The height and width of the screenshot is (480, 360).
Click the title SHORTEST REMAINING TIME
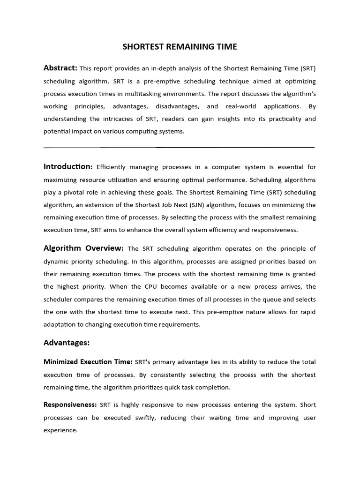[180, 46]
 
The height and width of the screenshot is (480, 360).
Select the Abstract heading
[60, 68]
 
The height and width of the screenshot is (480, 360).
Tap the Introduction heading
[68, 166]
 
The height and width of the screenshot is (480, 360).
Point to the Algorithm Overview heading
[83, 248]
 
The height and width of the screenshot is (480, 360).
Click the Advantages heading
[67, 343]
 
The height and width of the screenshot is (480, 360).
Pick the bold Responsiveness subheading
[70, 405]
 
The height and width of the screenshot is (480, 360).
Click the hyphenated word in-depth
[155, 68]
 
